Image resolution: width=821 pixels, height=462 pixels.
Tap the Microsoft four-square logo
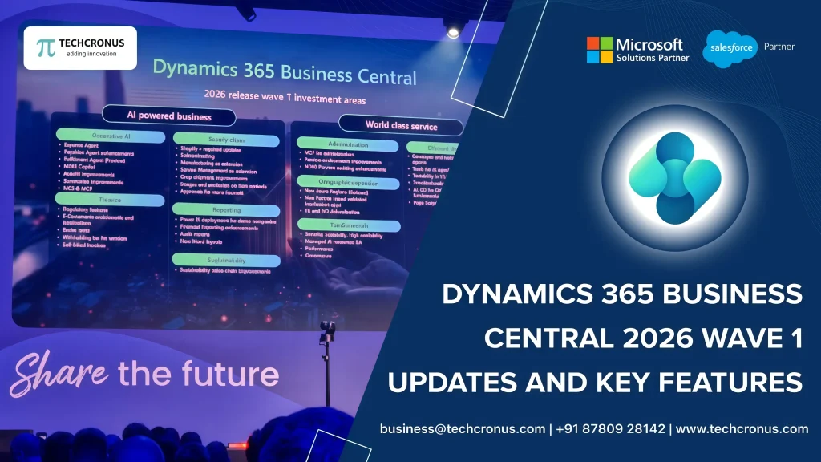[599, 50]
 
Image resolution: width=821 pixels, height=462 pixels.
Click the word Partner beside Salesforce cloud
[779, 47]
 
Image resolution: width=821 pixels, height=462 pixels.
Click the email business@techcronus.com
[463, 429]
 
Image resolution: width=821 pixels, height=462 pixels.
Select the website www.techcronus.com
[742, 429]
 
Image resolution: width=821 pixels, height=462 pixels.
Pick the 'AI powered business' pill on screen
[168, 116]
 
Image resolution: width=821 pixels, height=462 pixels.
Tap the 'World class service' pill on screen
[401, 125]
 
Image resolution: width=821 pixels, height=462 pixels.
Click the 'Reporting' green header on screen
[226, 209]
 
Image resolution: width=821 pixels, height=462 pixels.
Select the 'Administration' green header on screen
[348, 144]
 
